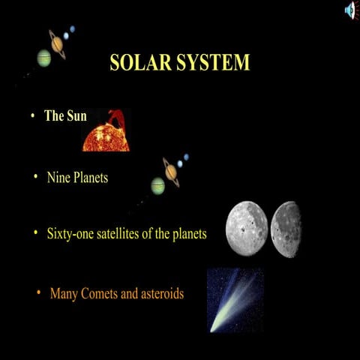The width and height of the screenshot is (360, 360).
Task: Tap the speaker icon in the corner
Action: (350, 10)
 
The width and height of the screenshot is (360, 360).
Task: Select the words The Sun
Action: (66, 116)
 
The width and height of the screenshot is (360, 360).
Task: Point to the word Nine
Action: (58, 178)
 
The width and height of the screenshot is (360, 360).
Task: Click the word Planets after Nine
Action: (91, 178)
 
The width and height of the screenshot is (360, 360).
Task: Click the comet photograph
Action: (235, 300)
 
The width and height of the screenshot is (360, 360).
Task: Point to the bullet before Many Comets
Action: (37, 292)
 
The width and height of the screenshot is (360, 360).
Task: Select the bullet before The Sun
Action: (33, 116)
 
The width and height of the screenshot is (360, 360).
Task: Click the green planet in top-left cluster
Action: (43, 58)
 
